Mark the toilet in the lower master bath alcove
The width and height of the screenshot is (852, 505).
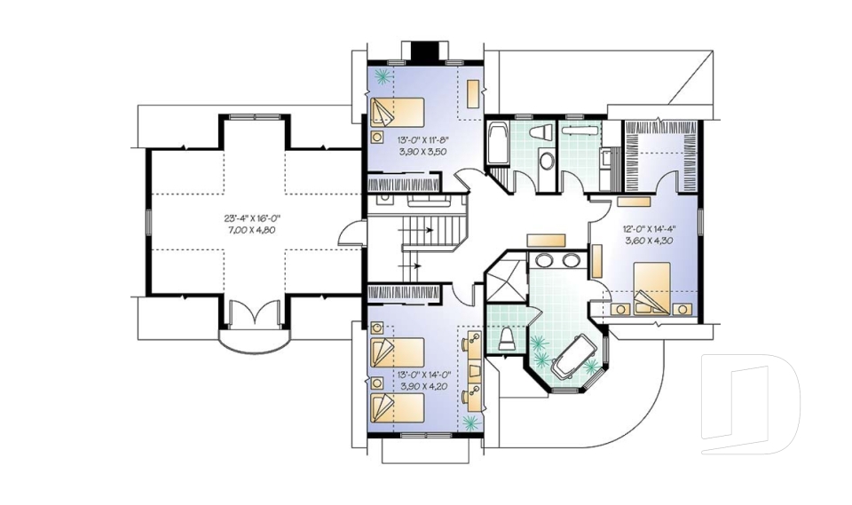click(x=507, y=338)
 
